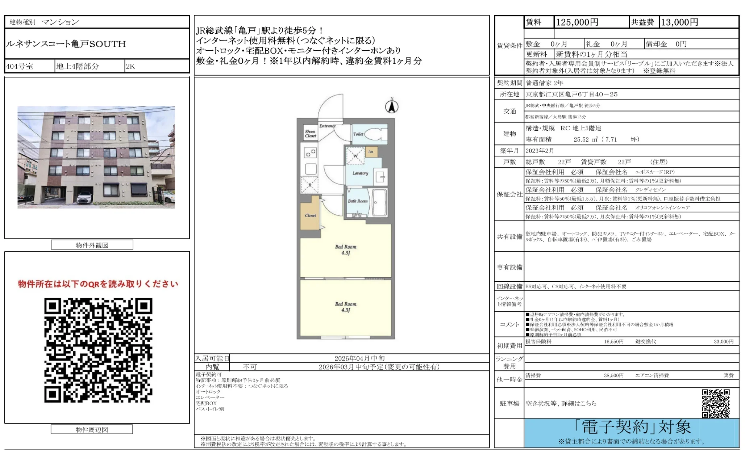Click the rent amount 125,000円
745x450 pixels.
577,22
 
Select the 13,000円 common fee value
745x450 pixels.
679,22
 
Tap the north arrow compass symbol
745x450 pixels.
392,106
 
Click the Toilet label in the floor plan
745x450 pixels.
358,134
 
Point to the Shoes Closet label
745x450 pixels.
311,134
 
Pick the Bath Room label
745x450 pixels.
358,201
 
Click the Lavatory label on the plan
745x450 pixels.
360,173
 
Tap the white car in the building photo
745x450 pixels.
84,197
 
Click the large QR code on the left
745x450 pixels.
98,350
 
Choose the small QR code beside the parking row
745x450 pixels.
716,403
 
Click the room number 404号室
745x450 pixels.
20,66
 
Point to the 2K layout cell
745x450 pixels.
130,66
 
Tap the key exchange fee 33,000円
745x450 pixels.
723,341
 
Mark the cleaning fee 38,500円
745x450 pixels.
613,375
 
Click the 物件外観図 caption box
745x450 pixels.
92,245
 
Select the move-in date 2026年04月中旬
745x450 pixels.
359,358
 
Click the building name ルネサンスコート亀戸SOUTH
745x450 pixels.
66,44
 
